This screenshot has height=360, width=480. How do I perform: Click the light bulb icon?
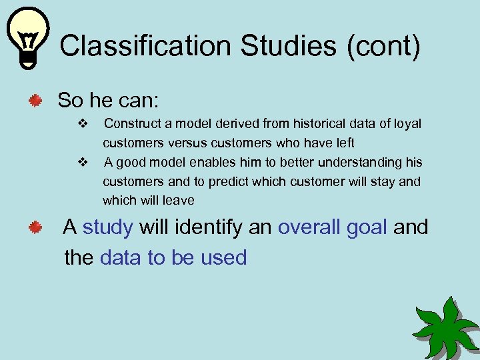click(28, 37)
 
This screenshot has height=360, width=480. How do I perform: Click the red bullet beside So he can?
click(35, 101)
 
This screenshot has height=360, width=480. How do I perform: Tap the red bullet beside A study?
click(35, 229)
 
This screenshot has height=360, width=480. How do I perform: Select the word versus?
click(188, 143)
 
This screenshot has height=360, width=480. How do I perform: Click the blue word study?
click(108, 227)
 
